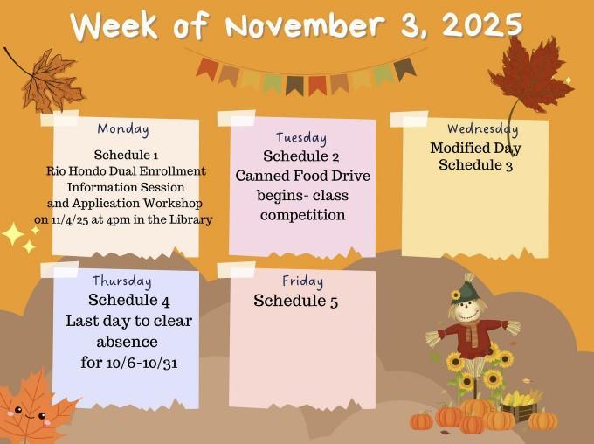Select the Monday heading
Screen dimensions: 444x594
(x=123, y=128)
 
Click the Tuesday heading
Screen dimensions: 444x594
(x=301, y=137)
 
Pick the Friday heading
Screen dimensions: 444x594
(x=302, y=281)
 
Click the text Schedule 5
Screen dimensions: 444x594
(x=295, y=302)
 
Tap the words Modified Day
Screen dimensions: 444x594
(x=475, y=148)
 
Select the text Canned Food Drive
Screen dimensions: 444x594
(x=302, y=176)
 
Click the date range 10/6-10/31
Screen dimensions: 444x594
(x=129, y=362)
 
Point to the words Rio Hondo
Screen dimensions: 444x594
(x=79, y=170)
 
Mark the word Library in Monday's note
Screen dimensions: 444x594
(x=192, y=219)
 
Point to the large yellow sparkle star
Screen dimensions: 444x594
(x=13, y=234)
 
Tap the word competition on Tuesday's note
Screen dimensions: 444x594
(x=302, y=214)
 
